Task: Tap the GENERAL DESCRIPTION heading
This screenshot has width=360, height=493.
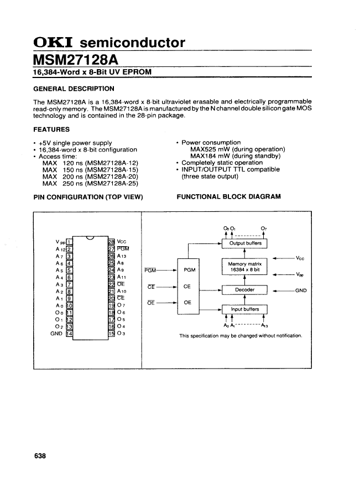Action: click(x=74, y=89)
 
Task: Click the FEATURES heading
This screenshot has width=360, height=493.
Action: click(x=51, y=129)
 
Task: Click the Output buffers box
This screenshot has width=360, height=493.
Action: click(x=244, y=244)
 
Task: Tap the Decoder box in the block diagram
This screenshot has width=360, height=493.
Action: click(x=244, y=290)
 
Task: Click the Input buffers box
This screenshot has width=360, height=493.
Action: click(x=244, y=309)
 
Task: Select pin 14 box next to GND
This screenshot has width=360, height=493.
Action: click(x=69, y=334)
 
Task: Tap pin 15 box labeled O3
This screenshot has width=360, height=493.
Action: click(x=111, y=334)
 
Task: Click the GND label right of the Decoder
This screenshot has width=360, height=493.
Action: click(x=301, y=290)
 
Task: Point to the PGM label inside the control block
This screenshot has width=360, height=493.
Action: click(x=190, y=270)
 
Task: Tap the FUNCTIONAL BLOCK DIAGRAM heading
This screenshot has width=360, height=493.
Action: click(x=228, y=197)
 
